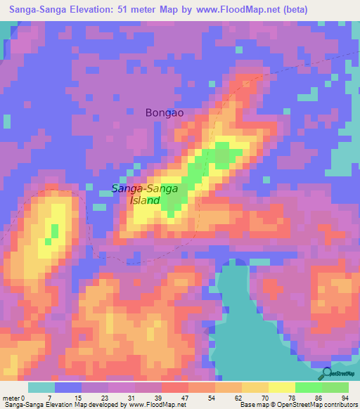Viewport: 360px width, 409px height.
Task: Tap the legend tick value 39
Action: coord(157,398)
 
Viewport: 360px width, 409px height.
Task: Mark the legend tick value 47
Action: coord(184,398)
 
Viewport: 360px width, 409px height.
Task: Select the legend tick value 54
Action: coord(211,398)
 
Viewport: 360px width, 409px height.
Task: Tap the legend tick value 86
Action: coord(319,398)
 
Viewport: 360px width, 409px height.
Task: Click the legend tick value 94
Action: coord(345,398)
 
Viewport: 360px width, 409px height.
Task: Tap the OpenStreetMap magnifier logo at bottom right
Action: coord(326,374)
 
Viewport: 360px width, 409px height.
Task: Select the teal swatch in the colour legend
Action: coord(41,387)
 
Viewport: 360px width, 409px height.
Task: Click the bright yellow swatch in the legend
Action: coord(282,387)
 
